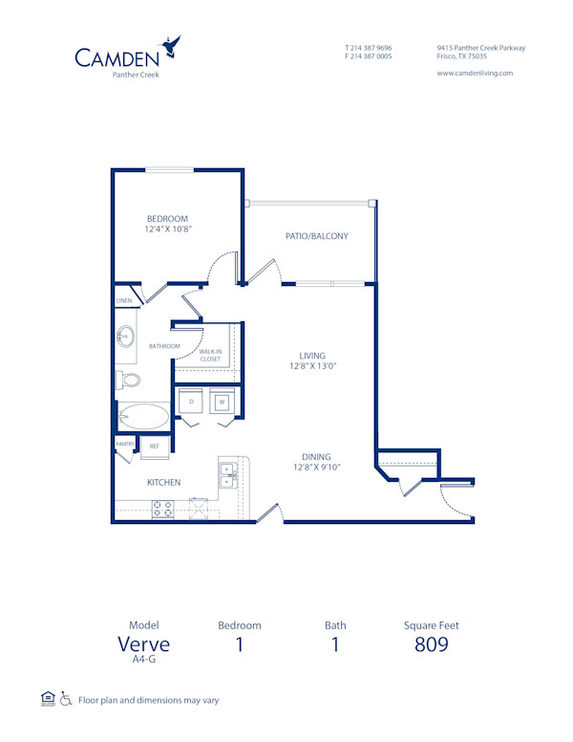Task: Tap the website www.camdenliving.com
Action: pyautogui.click(x=475, y=73)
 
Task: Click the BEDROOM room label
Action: pyautogui.click(x=167, y=218)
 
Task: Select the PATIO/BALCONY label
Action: pyautogui.click(x=316, y=236)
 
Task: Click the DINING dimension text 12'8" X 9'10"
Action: pyautogui.click(x=317, y=468)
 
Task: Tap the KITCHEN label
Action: pyautogui.click(x=163, y=483)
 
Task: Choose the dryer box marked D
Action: pyautogui.click(x=192, y=402)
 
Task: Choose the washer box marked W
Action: pyautogui.click(x=222, y=402)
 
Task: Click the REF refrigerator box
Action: pyautogui.click(x=155, y=446)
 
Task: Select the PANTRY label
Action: pyautogui.click(x=124, y=444)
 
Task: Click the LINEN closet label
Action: pyautogui.click(x=124, y=300)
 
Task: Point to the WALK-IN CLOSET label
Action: pyautogui.click(x=210, y=356)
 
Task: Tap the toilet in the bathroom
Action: pyautogui.click(x=127, y=381)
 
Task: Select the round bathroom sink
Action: pyautogui.click(x=125, y=337)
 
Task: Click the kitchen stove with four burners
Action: pyautogui.click(x=161, y=508)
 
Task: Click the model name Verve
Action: pyautogui.click(x=143, y=644)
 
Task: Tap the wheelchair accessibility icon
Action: pyautogui.click(x=66, y=700)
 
